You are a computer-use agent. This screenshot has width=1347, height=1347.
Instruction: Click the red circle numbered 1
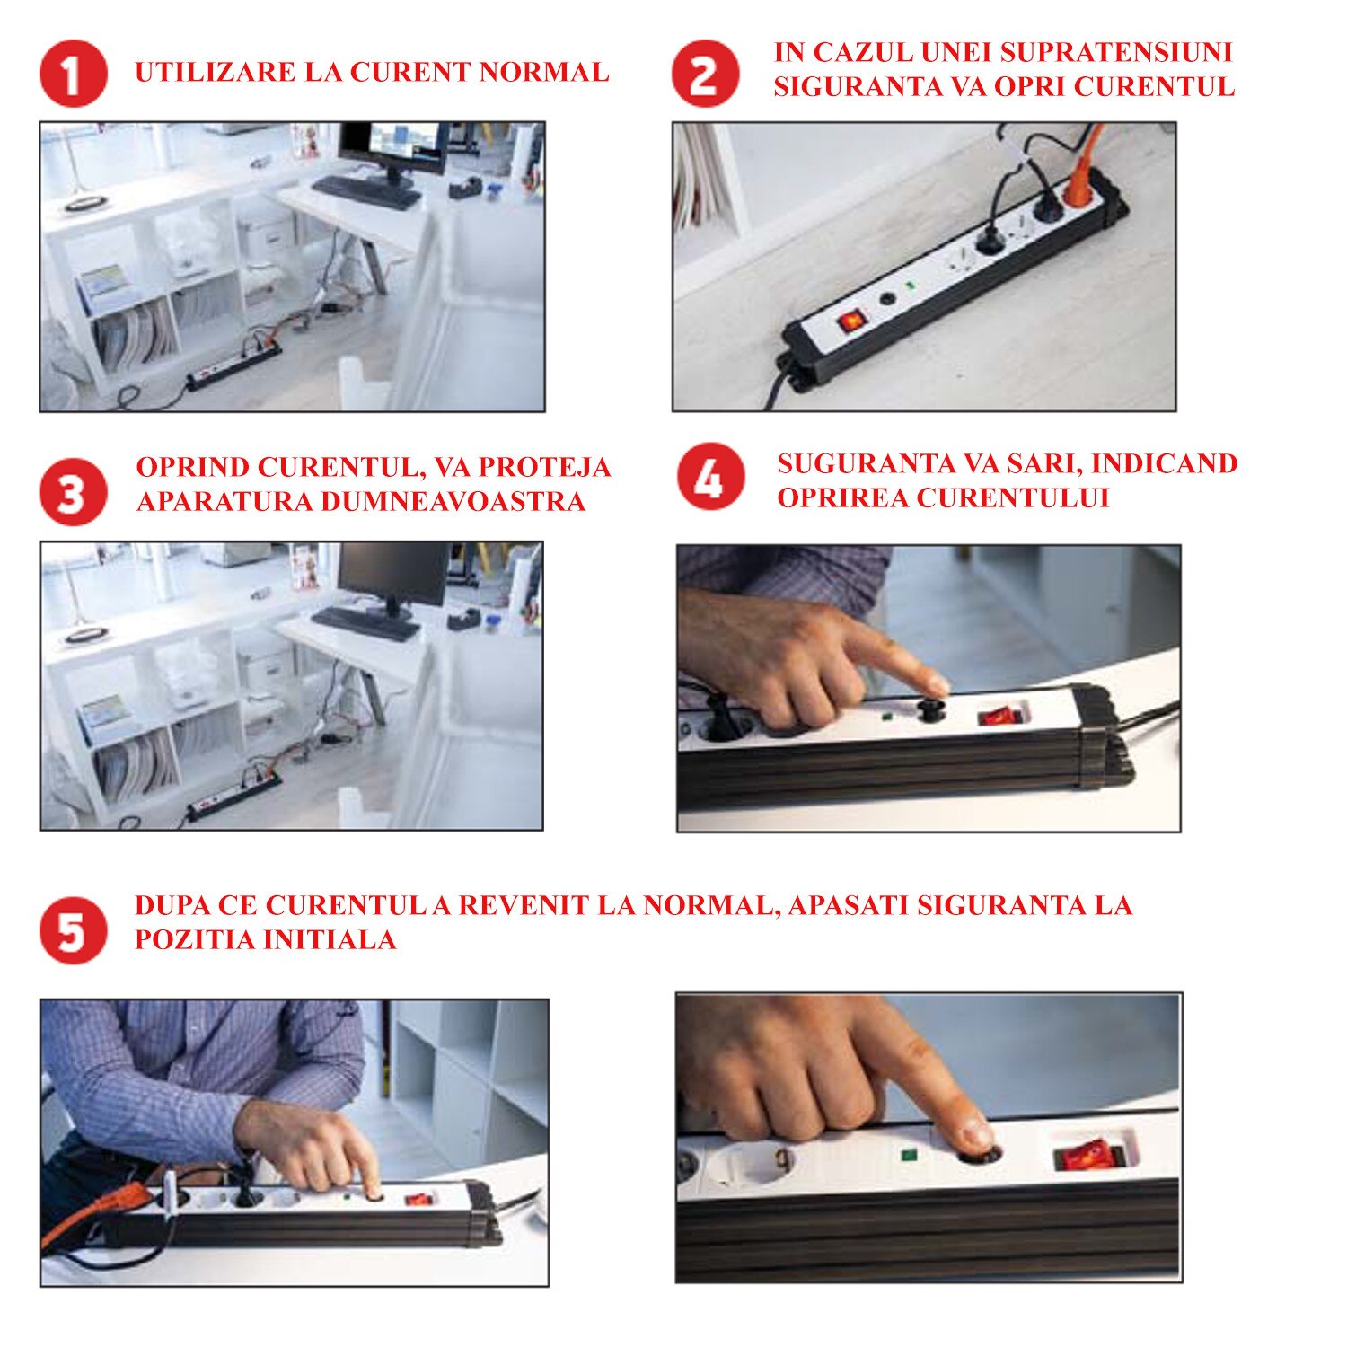[74, 74]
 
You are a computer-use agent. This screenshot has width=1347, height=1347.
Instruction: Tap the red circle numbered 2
[706, 74]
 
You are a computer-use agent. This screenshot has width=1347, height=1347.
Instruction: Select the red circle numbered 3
[74, 492]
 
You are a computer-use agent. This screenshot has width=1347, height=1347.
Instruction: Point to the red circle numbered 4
[711, 477]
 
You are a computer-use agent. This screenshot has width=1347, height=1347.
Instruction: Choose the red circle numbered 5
[74, 930]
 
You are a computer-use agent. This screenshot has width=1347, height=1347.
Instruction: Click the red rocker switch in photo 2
[851, 319]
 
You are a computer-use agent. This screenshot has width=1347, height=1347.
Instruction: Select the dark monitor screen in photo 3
[392, 574]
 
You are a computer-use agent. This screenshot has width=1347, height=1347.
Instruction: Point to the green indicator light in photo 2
[911, 287]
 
